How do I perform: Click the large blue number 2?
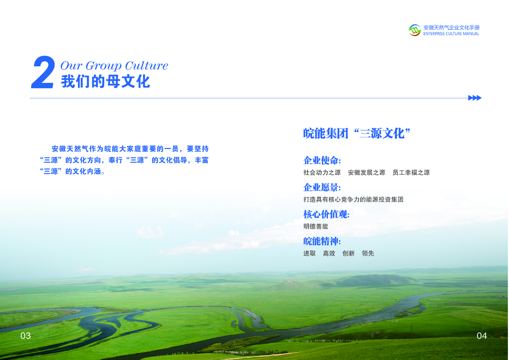click(x=43, y=72)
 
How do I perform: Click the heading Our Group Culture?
click(x=114, y=66)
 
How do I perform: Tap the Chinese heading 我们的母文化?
click(x=105, y=81)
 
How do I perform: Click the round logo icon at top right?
click(x=414, y=30)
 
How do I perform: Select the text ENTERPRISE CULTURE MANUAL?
click(x=451, y=34)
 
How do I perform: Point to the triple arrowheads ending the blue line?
click(x=474, y=98)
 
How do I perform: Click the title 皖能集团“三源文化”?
click(x=357, y=133)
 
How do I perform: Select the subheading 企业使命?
click(x=322, y=160)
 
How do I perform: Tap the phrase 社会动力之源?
click(x=322, y=173)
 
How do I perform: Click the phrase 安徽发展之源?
click(x=366, y=173)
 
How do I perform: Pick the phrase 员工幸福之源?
click(x=411, y=173)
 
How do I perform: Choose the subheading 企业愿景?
click(x=322, y=187)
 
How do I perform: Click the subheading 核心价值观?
click(x=326, y=214)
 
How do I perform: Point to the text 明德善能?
click(x=316, y=226)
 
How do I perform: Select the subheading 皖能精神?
click(x=322, y=241)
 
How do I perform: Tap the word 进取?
click(x=309, y=253)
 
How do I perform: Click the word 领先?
click(x=368, y=253)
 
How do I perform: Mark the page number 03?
click(x=25, y=336)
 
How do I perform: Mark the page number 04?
click(x=482, y=336)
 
